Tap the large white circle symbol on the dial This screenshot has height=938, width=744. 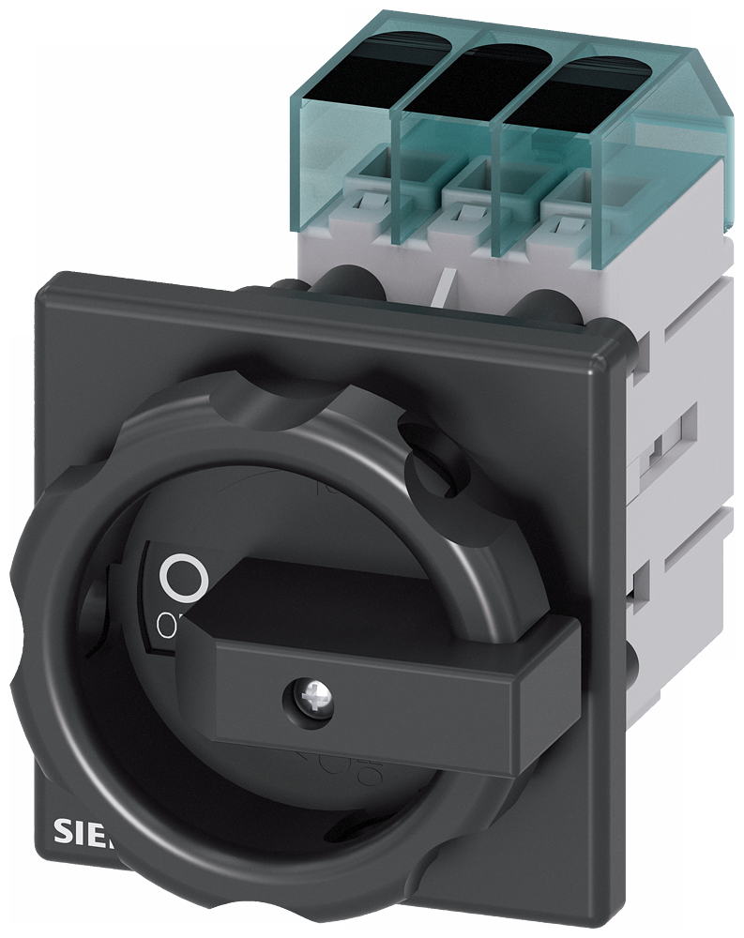point(182,578)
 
